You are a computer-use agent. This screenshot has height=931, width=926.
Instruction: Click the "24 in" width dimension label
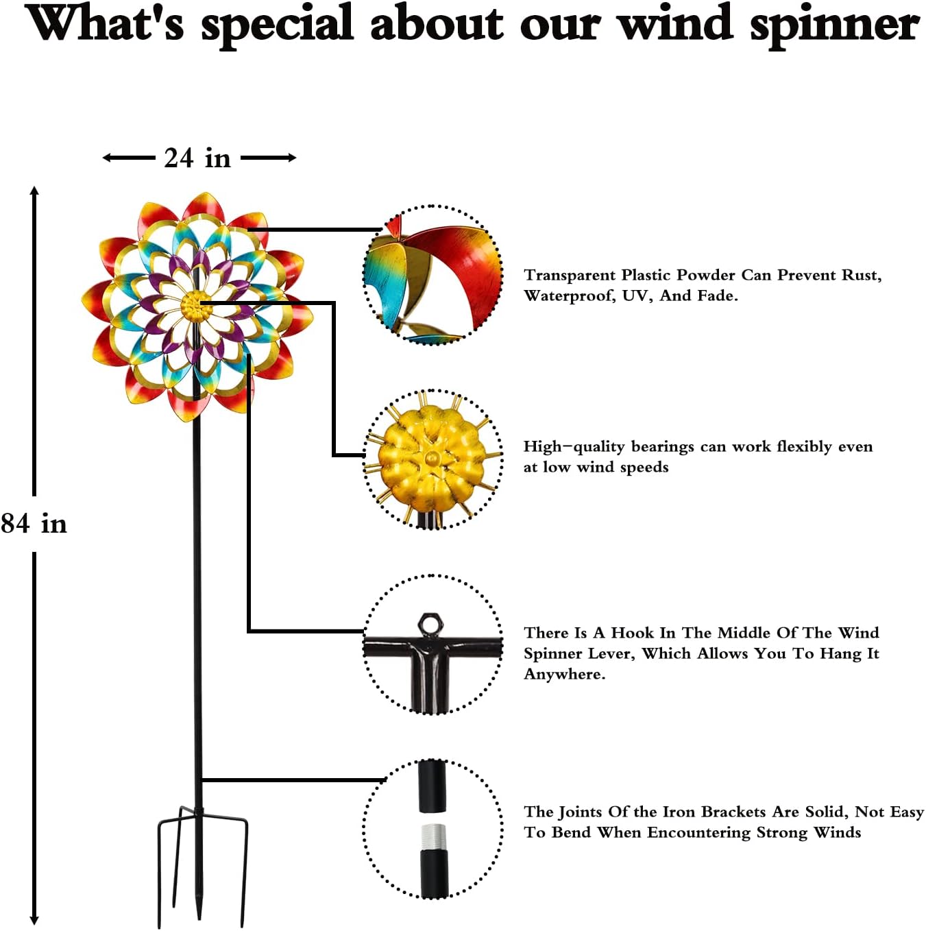(197, 158)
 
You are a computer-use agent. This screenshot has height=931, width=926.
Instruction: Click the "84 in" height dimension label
(34, 524)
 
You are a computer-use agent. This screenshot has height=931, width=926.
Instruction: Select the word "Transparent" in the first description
(570, 275)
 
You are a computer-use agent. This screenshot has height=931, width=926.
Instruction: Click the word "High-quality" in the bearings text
(574, 447)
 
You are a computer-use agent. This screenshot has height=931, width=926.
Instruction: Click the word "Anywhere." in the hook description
(564, 674)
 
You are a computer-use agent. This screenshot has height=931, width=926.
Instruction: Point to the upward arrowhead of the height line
(34, 191)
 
